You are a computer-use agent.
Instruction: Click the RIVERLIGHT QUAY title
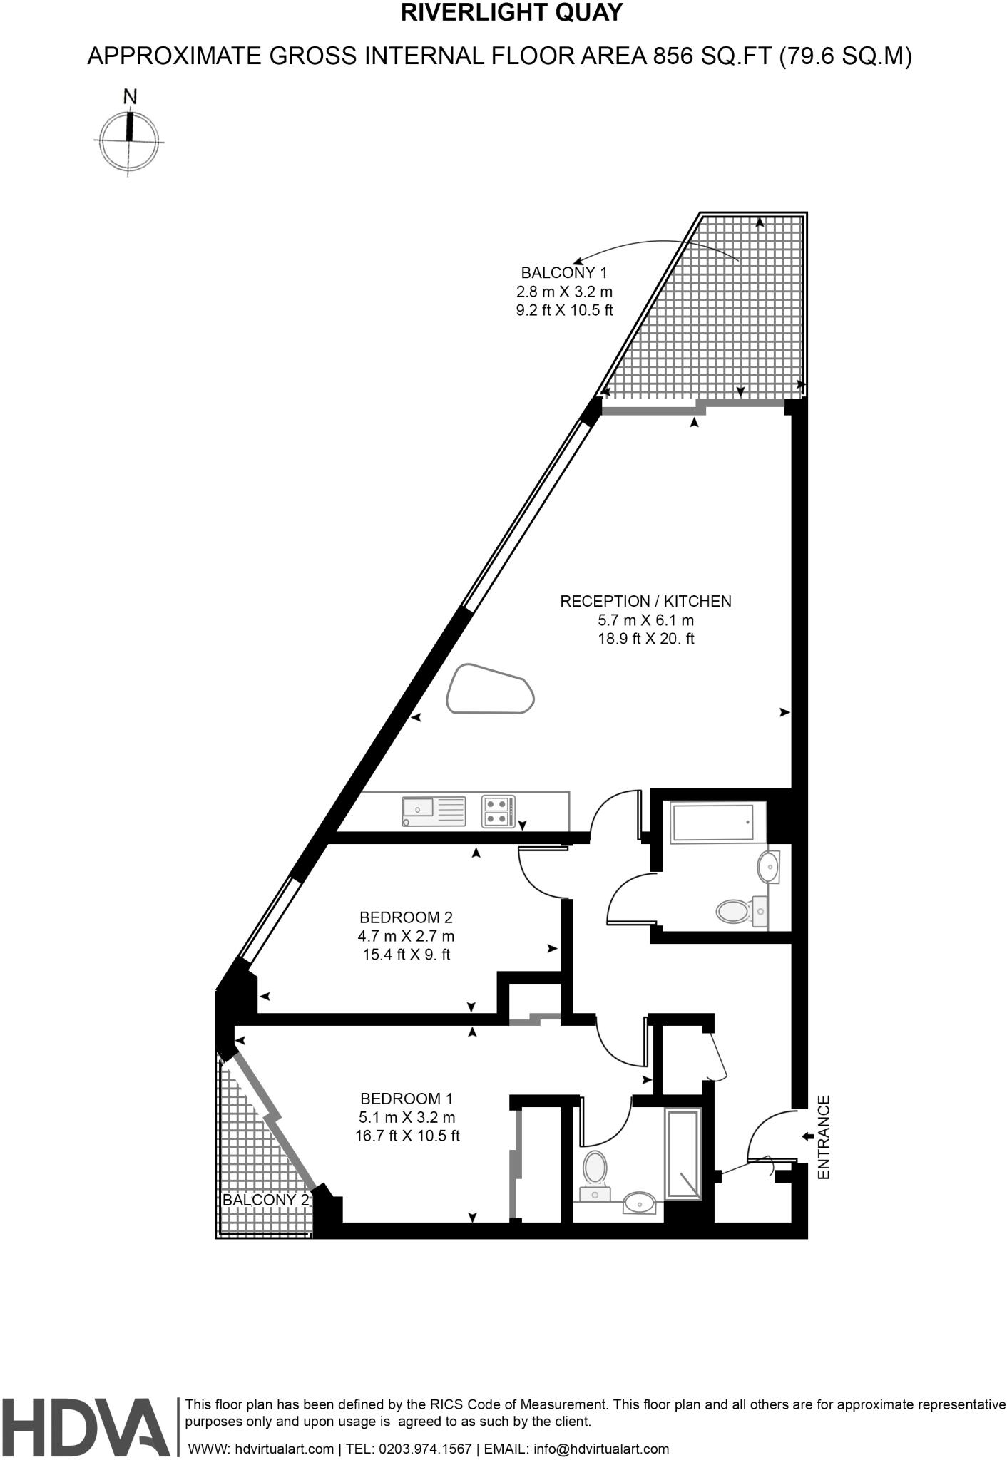(x=512, y=14)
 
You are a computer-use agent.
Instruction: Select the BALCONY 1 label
(x=564, y=272)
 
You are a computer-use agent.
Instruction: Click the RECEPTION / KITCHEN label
(x=645, y=601)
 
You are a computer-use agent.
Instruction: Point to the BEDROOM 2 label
(x=406, y=917)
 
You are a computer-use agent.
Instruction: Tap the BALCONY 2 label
(x=266, y=1199)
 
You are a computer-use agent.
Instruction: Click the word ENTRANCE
(x=824, y=1136)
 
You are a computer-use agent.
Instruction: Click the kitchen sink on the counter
(x=418, y=809)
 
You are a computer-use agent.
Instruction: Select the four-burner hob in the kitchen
(x=498, y=811)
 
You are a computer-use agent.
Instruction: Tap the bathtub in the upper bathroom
(x=712, y=822)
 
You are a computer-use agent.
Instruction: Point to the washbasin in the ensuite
(x=640, y=1204)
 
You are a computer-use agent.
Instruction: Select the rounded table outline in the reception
(x=491, y=689)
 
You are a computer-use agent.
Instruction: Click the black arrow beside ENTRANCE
(x=807, y=1136)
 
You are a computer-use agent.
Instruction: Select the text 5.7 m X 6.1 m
(x=645, y=620)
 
